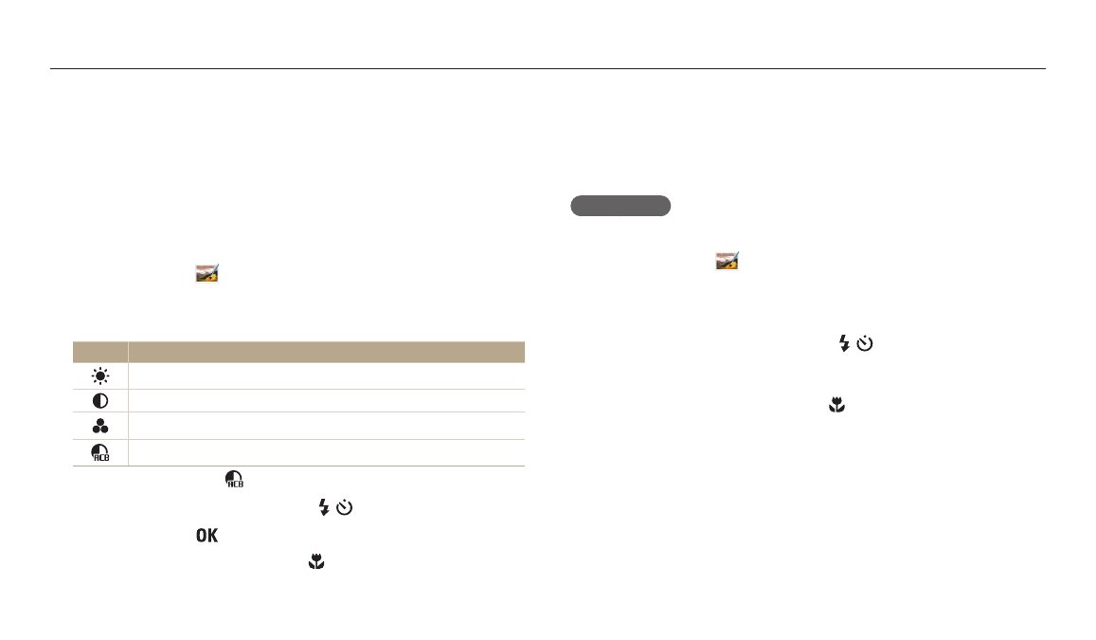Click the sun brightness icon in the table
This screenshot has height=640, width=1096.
(x=100, y=376)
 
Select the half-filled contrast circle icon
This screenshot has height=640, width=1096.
(x=100, y=401)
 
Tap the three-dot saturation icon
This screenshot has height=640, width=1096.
(x=100, y=426)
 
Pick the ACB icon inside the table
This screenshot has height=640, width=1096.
(x=100, y=452)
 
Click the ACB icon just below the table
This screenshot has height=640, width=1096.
(x=234, y=479)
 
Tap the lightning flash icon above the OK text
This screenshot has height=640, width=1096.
(x=324, y=507)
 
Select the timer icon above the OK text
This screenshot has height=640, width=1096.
(x=344, y=507)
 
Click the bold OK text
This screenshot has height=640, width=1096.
(x=207, y=535)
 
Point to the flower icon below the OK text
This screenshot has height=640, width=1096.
(x=316, y=561)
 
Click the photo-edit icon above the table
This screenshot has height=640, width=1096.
(x=207, y=273)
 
